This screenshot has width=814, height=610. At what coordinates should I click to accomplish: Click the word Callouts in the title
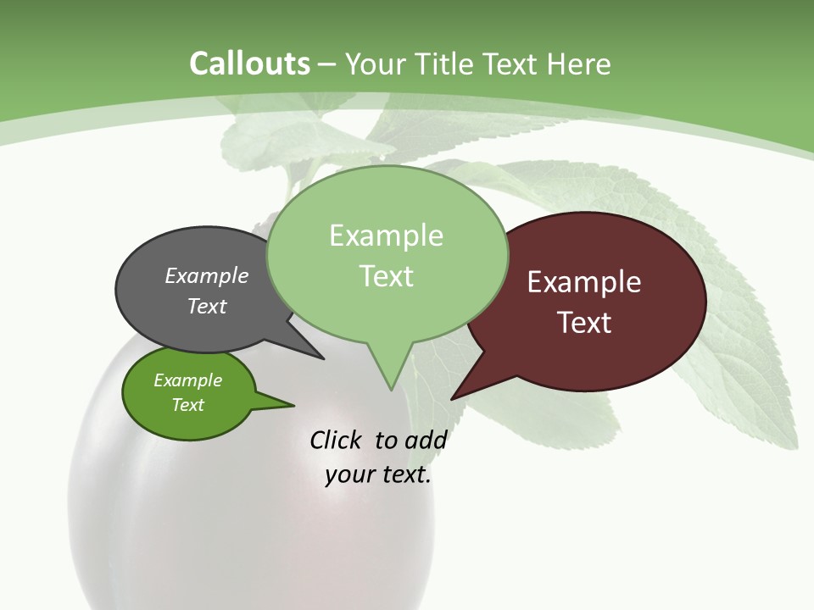249,64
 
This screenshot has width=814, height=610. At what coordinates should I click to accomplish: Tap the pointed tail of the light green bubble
390,377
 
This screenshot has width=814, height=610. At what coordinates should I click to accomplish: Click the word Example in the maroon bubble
584,282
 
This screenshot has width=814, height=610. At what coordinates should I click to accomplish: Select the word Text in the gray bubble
207,306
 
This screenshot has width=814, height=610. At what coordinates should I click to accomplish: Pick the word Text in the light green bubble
387,276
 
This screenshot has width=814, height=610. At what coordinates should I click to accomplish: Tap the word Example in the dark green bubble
187,380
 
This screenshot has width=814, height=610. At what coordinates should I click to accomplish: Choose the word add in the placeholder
426,440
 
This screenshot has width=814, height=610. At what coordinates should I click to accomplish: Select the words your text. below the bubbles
378,474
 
